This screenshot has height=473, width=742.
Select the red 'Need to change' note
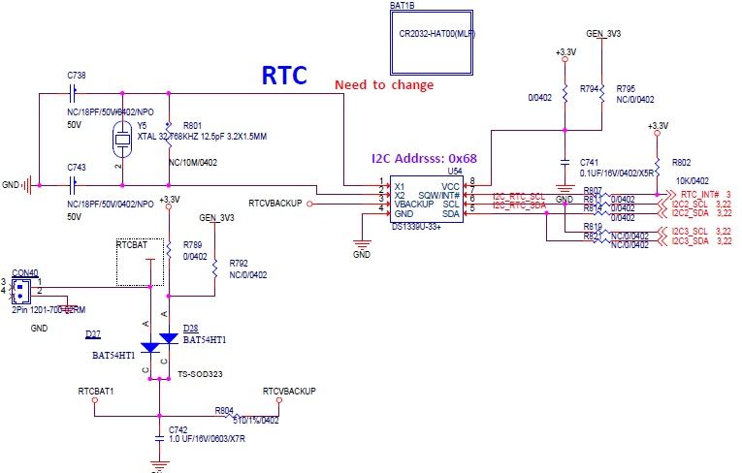(x=384, y=85)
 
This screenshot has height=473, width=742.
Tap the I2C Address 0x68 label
(x=424, y=158)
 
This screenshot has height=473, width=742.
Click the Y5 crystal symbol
(x=122, y=140)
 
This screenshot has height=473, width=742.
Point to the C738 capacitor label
(x=77, y=75)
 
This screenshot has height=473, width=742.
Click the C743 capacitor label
(x=77, y=167)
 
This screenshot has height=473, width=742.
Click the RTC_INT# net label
(x=698, y=195)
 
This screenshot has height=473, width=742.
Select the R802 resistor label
(x=682, y=163)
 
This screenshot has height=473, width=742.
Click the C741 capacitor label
(x=590, y=162)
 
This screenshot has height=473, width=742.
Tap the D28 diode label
(x=190, y=330)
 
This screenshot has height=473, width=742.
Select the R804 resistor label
(x=224, y=410)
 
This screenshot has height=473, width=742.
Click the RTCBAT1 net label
(x=96, y=391)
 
